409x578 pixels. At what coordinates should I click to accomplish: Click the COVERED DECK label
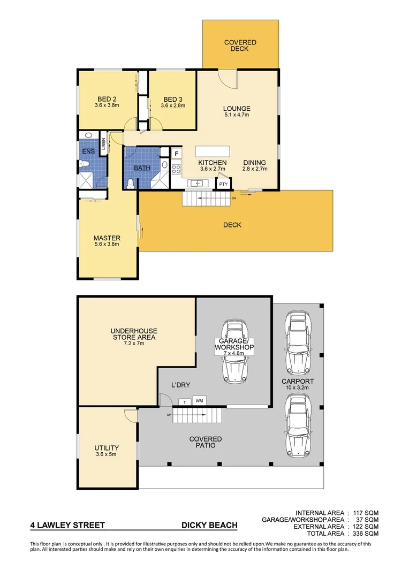[x=240, y=45]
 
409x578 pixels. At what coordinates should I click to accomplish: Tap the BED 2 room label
[x=107, y=99]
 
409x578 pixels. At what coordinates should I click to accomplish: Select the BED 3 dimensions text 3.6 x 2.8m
[x=173, y=105]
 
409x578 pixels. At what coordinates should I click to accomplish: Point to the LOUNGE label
[x=237, y=109]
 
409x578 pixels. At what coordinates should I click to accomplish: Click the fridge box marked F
[x=176, y=154]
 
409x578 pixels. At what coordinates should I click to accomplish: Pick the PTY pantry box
[x=223, y=184]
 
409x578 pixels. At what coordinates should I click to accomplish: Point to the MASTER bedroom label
[x=107, y=238]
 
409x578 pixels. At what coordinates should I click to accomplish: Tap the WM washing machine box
[x=199, y=401]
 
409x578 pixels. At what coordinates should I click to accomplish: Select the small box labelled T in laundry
[x=185, y=401]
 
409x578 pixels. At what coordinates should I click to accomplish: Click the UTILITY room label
[x=107, y=448]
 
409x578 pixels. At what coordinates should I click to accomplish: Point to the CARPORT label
[x=298, y=382]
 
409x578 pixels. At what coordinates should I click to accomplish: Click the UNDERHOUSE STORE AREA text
[x=134, y=334]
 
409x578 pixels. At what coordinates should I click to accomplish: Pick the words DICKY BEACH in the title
[x=209, y=526]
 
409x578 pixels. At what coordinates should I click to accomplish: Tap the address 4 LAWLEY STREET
[x=67, y=526]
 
